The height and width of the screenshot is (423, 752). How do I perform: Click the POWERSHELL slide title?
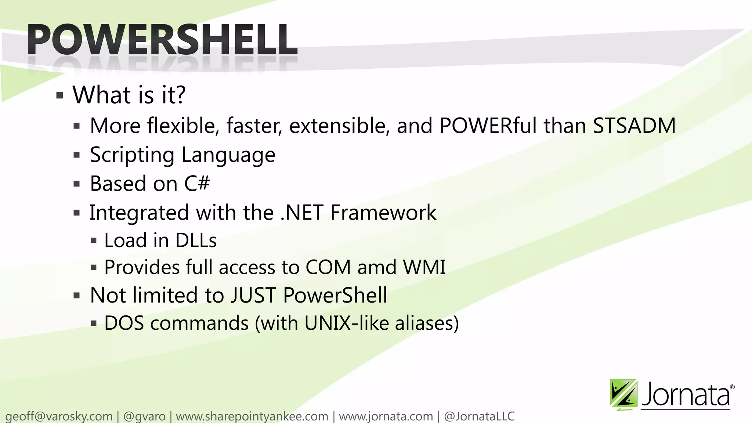[x=162, y=40]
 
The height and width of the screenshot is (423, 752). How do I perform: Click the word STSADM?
[x=634, y=126]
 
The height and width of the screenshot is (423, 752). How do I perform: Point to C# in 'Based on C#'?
[x=197, y=183]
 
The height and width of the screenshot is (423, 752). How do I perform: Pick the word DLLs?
[x=196, y=241]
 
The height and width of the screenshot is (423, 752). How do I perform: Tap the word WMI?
[x=424, y=267]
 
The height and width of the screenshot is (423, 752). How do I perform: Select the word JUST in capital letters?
[x=253, y=295]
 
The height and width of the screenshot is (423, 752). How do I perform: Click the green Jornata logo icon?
[x=623, y=394]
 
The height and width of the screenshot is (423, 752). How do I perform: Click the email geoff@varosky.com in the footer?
[x=59, y=416]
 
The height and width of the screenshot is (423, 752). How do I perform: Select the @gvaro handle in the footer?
[x=145, y=416]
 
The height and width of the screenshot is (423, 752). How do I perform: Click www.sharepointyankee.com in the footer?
[x=252, y=416]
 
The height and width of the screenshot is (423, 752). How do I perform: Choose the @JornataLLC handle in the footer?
[x=479, y=416]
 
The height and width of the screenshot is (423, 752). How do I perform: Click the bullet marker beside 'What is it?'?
[x=60, y=96]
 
